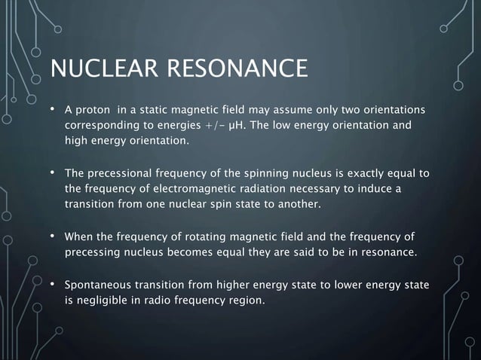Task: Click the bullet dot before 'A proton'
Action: click(54, 110)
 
